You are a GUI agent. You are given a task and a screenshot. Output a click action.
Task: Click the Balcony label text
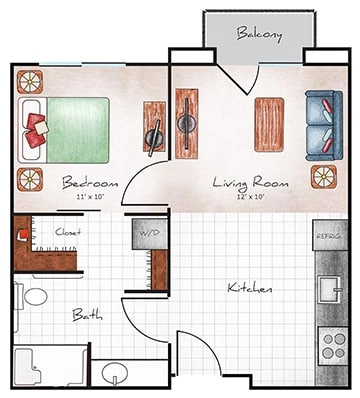tap(259, 34)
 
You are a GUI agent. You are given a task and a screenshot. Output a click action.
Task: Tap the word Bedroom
tap(90, 183)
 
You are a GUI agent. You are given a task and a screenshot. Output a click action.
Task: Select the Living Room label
tap(252, 183)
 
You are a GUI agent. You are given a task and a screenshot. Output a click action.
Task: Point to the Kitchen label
tap(250, 288)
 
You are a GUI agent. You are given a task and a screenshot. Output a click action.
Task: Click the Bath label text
tap(87, 314)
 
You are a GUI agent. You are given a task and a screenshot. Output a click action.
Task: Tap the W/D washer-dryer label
tap(149, 233)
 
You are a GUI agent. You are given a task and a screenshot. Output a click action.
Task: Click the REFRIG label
tap(328, 236)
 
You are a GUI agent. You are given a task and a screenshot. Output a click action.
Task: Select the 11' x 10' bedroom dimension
tap(90, 198)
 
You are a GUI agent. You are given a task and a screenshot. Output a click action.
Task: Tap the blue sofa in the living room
tap(322, 122)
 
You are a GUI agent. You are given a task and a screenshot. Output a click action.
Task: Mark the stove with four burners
tap(331, 346)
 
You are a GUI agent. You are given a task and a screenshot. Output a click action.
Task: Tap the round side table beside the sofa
tap(323, 176)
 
